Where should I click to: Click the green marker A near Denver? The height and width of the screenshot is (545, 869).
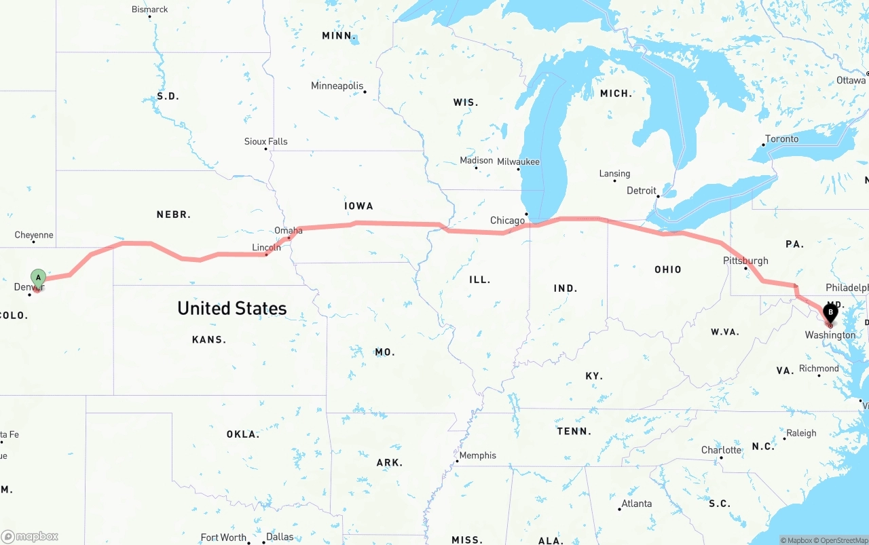click(38, 278)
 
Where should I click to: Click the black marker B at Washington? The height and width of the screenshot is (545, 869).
click(830, 313)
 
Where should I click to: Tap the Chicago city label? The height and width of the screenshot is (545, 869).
click(507, 221)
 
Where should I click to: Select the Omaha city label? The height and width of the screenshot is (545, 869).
click(289, 231)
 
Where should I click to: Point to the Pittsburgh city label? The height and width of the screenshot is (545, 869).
click(745, 261)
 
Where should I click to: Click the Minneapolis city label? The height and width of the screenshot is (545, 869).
click(337, 86)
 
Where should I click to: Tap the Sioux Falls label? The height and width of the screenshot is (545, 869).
click(266, 141)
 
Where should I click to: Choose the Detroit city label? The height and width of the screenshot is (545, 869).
click(642, 191)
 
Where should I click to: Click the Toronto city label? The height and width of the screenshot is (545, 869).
click(781, 139)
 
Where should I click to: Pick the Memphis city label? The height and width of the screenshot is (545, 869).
click(478, 455)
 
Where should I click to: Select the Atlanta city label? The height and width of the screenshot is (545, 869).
click(637, 504)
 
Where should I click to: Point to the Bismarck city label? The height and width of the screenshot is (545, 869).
click(150, 10)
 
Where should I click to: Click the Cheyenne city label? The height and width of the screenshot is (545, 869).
click(34, 236)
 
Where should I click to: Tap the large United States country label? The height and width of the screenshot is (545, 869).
click(232, 309)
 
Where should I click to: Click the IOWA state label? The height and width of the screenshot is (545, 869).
click(358, 206)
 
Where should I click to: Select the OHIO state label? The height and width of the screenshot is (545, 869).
click(668, 269)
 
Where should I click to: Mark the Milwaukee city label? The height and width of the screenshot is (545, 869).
click(518, 162)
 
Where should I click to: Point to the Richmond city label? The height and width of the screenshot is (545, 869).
click(819, 369)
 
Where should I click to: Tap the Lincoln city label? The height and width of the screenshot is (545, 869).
click(266, 248)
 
